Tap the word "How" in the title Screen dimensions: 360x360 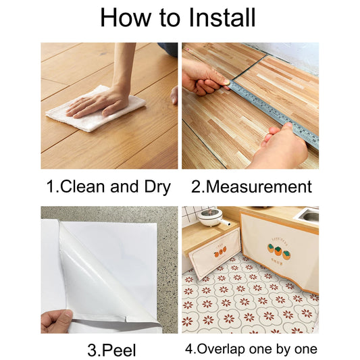coord(126,17)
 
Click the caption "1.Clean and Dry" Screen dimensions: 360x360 coord(108,187)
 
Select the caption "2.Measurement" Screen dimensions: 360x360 coord(251,187)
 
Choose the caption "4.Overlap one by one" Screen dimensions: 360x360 coord(251,350)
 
